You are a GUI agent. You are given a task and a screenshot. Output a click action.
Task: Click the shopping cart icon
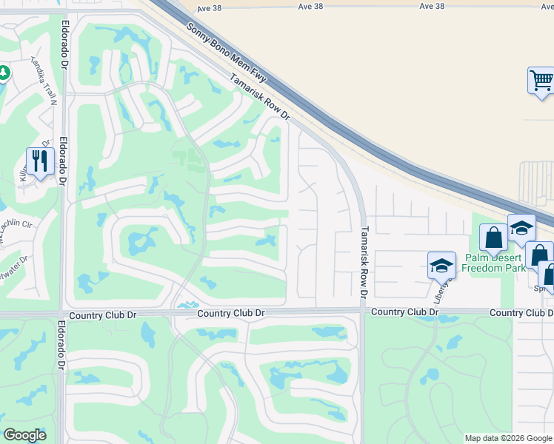click(x=541, y=80)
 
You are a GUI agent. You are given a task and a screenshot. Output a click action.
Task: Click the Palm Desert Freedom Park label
click(x=493, y=263)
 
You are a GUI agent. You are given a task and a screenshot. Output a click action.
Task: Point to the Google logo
click(x=24, y=435)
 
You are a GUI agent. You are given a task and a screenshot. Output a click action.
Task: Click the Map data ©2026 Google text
click(x=508, y=438)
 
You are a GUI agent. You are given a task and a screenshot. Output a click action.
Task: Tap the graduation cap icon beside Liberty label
click(x=441, y=264)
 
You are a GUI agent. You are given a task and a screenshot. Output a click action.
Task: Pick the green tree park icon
click(x=3, y=73)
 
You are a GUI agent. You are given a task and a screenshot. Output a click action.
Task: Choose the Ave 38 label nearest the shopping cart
click(x=431, y=6)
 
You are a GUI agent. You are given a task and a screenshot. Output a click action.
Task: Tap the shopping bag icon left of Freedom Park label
click(x=493, y=237)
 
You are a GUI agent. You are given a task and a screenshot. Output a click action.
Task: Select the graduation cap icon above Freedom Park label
click(x=521, y=227)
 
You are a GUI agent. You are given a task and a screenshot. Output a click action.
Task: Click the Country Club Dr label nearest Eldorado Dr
click(x=103, y=315)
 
